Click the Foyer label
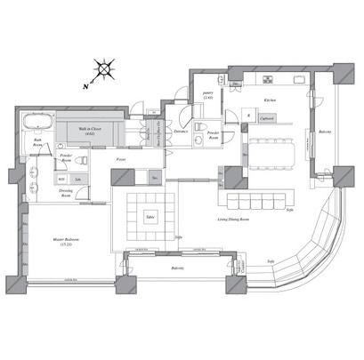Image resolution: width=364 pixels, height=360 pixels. pyautogui.click(x=121, y=159)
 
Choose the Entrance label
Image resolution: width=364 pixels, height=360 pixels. pyautogui.click(x=181, y=132)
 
